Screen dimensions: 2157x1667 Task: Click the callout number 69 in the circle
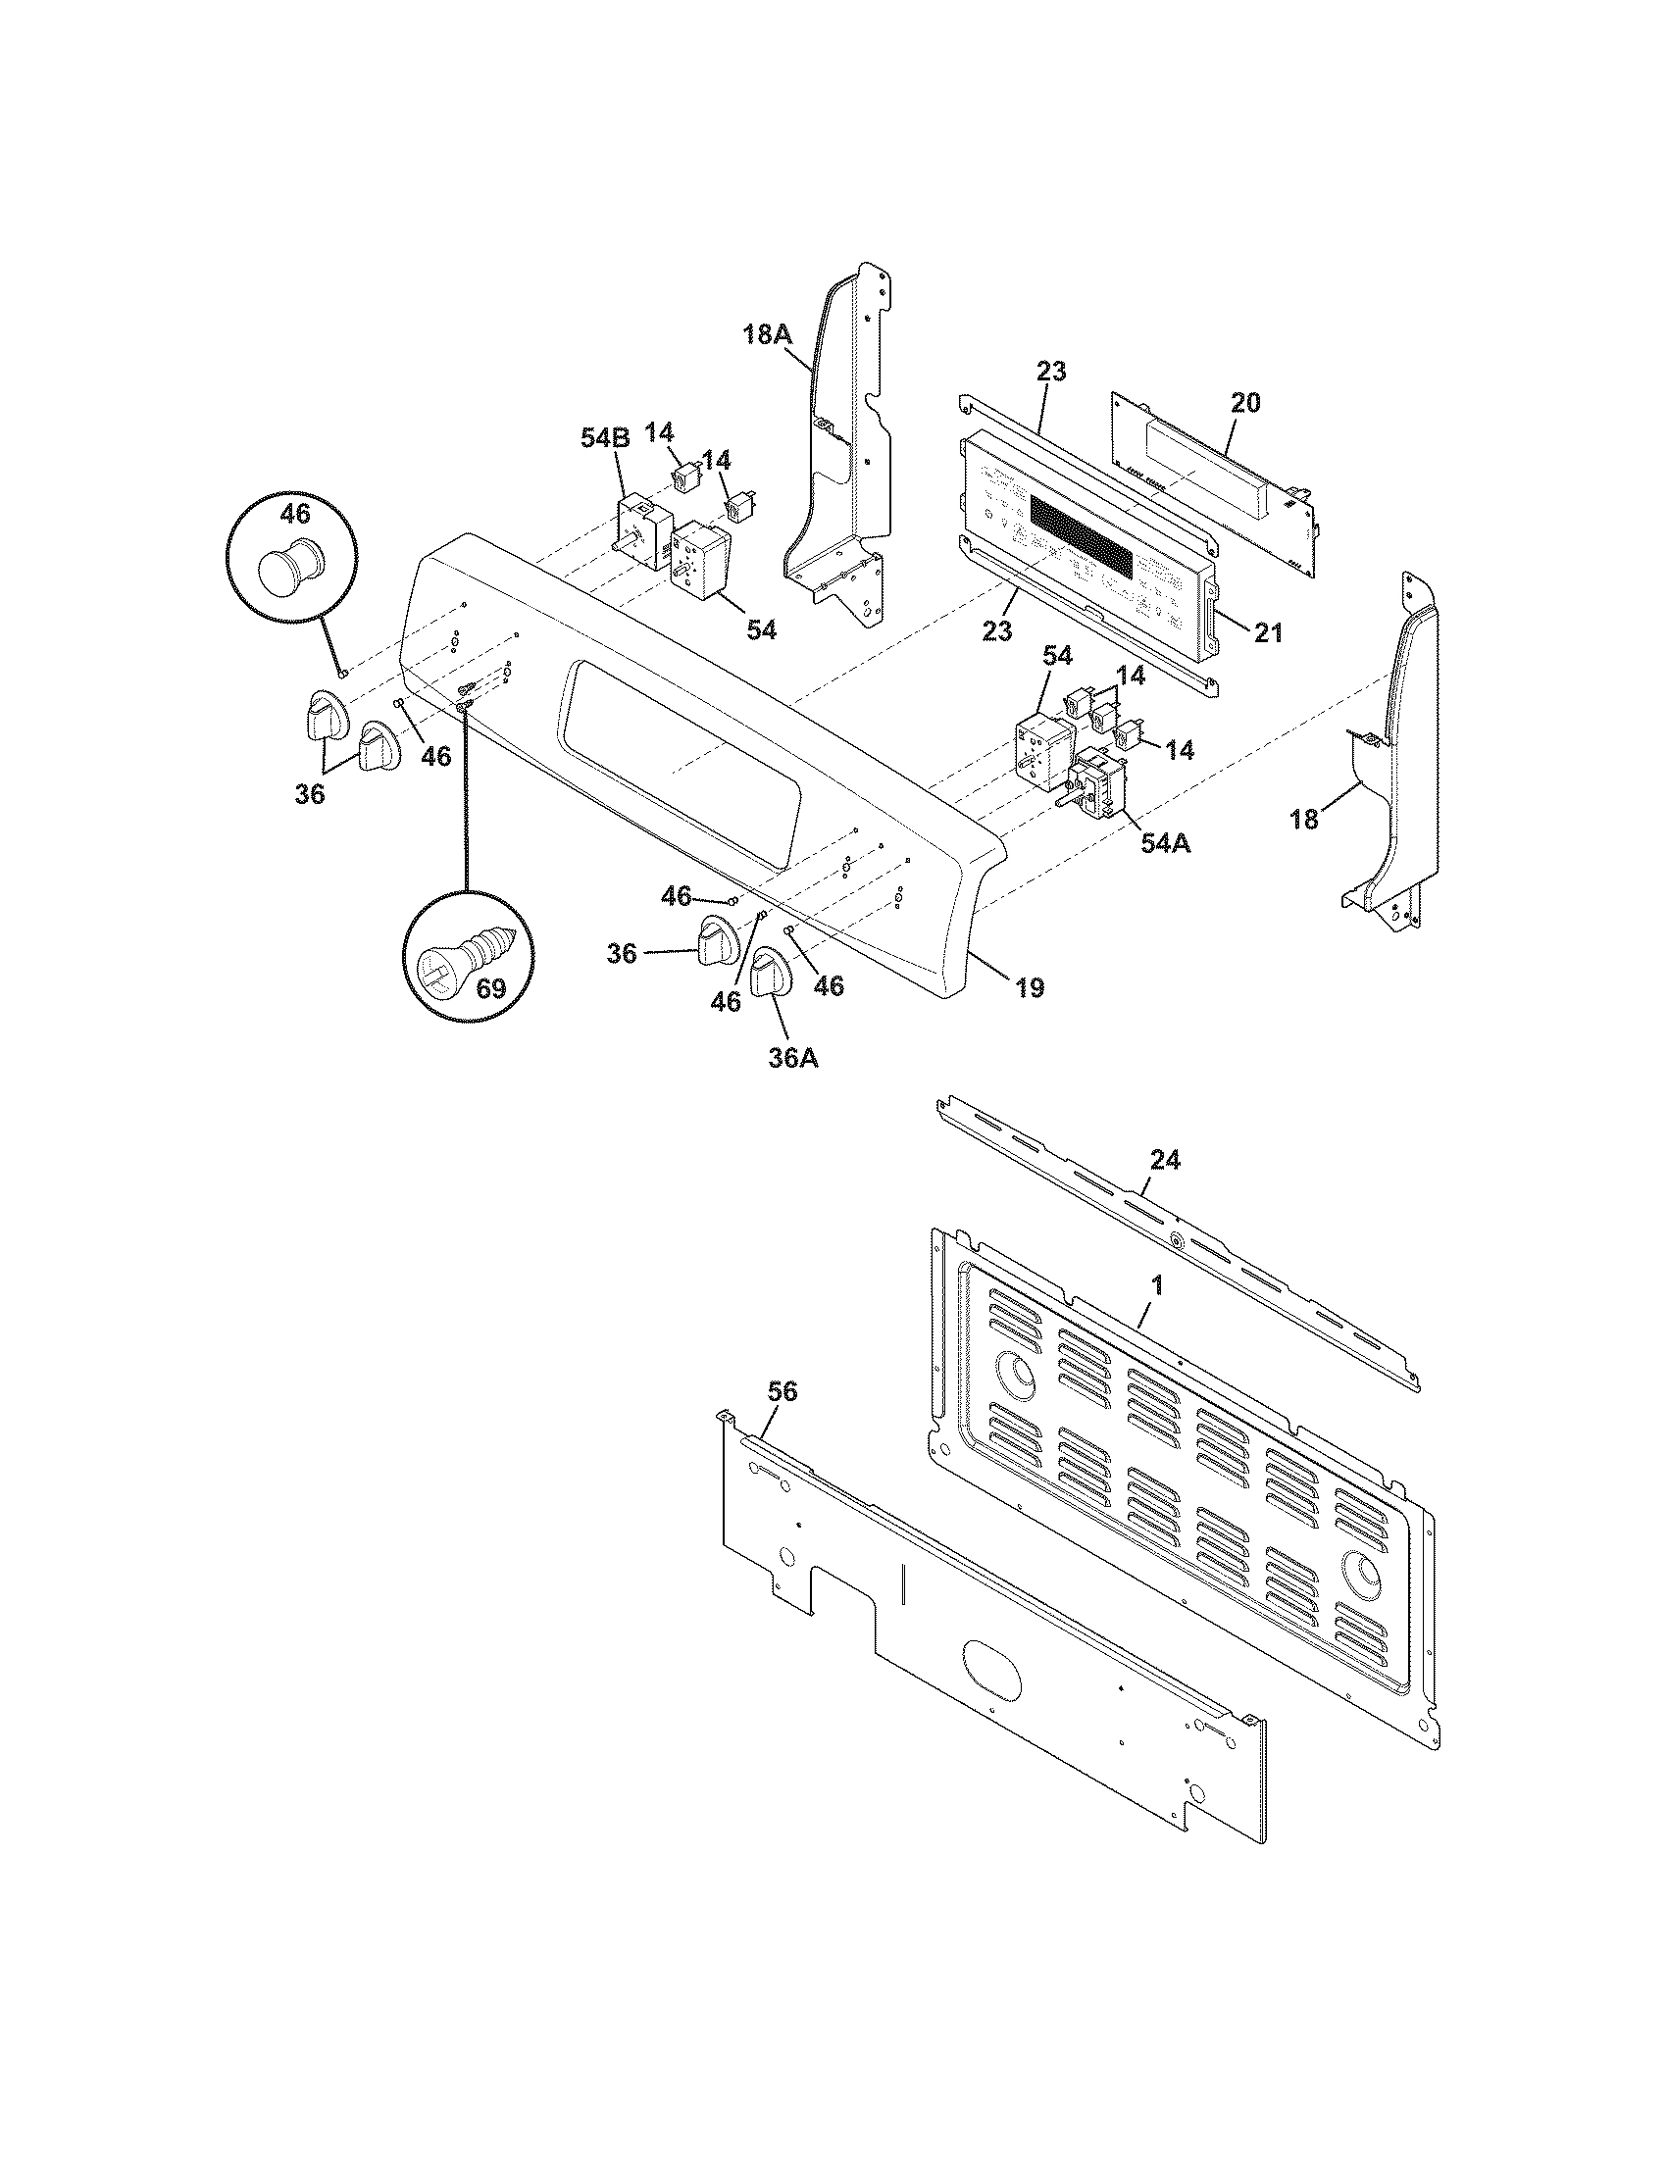coord(491,987)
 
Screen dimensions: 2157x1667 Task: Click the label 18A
coord(768,334)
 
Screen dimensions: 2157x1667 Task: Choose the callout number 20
coord(1245,402)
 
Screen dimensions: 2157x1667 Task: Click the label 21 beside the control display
coord(1268,632)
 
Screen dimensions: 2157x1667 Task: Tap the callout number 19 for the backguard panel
coord(1029,986)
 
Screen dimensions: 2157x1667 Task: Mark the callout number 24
coord(1165,1160)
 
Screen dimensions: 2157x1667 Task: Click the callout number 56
coord(783,1390)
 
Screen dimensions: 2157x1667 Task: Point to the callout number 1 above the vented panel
coord(1156,1286)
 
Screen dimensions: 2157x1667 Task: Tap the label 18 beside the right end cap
coord(1304,819)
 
